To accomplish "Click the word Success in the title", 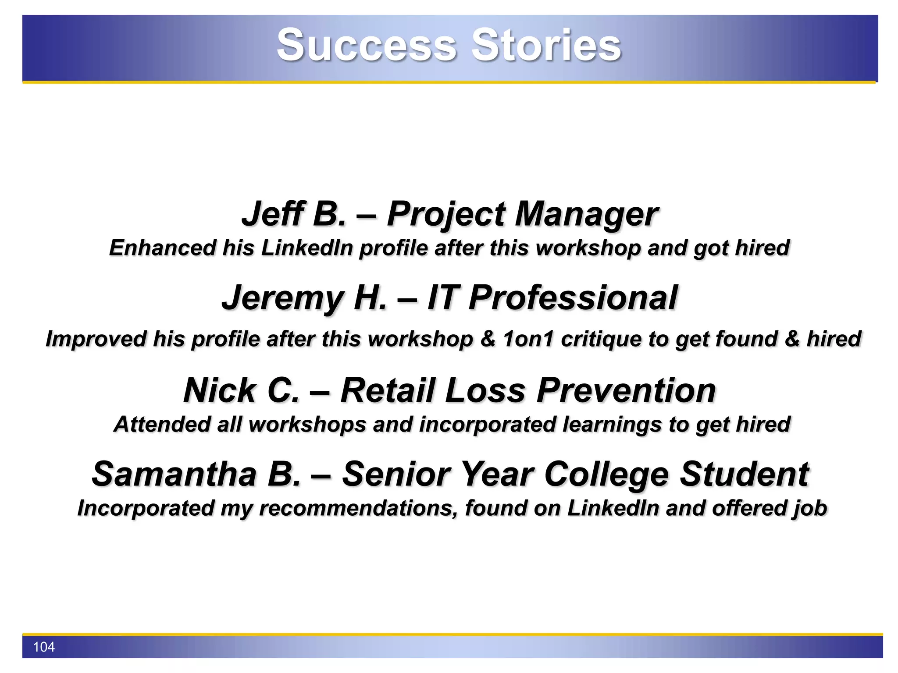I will click(x=367, y=45).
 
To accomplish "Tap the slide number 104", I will click(x=44, y=647).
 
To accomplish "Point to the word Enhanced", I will click(x=162, y=248).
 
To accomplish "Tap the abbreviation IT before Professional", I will click(x=443, y=298).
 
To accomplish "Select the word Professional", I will click(x=573, y=298).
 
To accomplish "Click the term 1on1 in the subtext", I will click(x=528, y=339).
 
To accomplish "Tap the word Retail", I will click(x=388, y=390).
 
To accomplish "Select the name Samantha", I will click(x=174, y=475).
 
